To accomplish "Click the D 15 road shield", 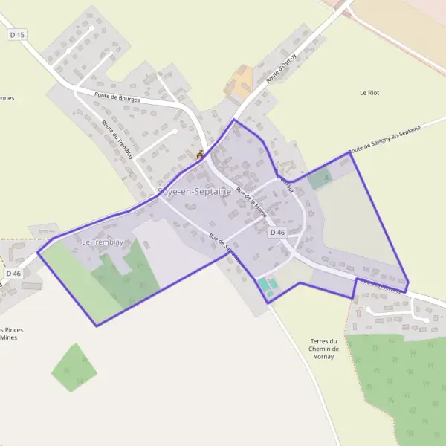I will (17, 35).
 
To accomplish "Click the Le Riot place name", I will (369, 93).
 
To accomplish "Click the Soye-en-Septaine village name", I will (194, 191).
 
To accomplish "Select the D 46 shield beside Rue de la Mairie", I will (277, 233).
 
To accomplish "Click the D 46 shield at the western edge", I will (13, 274).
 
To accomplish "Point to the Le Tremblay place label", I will (102, 242).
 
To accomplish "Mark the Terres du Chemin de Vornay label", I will (324, 349).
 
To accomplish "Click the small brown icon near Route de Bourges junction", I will (199, 155).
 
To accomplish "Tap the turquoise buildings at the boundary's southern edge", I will (267, 285).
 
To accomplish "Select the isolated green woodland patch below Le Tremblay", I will (74, 367).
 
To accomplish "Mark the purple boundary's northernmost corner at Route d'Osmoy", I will (234, 120).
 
